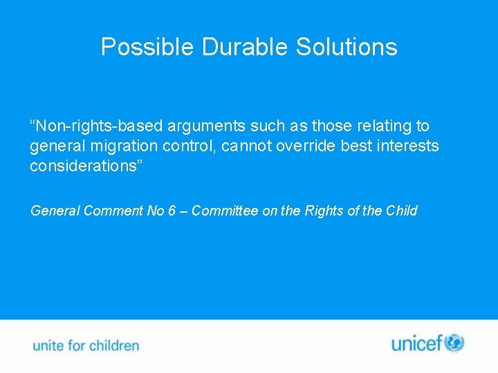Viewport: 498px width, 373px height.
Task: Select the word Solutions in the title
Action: (x=347, y=47)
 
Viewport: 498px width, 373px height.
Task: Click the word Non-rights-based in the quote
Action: (x=93, y=126)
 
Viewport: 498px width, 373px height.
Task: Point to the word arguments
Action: (x=201, y=126)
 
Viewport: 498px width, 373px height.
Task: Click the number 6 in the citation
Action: (x=171, y=211)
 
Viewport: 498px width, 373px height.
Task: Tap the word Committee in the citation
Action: (x=223, y=211)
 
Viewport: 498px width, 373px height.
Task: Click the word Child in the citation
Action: (x=401, y=211)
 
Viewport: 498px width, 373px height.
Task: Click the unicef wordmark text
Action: (x=417, y=343)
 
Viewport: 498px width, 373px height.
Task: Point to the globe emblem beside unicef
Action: (x=454, y=343)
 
